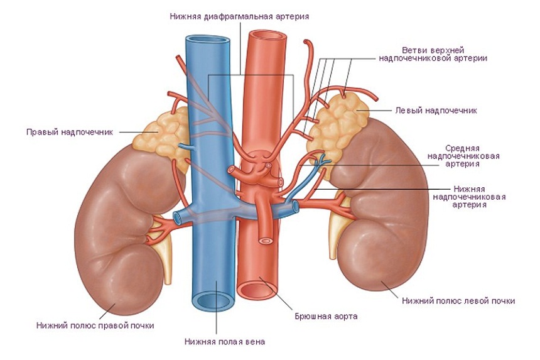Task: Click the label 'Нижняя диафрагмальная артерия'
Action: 239,16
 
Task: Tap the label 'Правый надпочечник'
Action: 70,133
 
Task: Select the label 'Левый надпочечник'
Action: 436,111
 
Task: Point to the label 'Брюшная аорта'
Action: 326,316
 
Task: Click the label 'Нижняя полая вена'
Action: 225,342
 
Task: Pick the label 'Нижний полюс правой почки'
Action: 95,325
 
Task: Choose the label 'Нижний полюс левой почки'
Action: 458,301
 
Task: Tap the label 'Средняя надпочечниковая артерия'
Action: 463,156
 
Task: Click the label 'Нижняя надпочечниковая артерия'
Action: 469,197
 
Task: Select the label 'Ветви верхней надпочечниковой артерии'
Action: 433,55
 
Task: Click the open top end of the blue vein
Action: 208,41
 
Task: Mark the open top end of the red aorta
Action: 267,35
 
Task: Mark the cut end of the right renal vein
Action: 176,218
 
